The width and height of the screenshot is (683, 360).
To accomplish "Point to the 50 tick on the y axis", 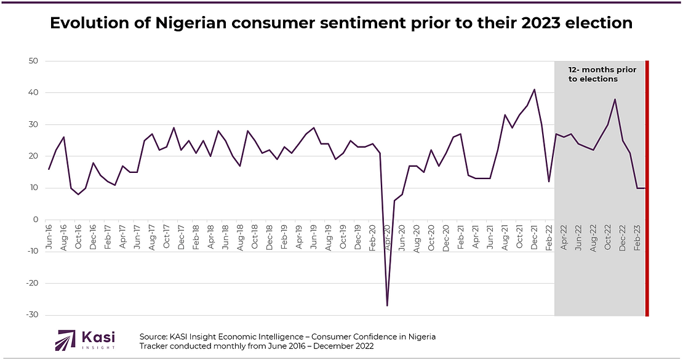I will tap(33, 61).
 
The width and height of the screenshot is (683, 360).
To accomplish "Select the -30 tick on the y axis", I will tap(31, 315).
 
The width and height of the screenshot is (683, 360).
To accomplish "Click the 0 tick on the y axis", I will tap(36, 220).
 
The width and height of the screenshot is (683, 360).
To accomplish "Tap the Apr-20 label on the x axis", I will tap(388, 237).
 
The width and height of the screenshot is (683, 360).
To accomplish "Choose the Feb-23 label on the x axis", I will tap(637, 237).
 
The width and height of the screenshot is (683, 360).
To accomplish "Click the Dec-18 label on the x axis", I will tap(270, 237).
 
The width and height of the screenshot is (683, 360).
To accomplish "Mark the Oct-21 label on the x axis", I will tap(519, 237).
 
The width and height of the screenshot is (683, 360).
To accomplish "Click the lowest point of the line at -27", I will tap(387, 305).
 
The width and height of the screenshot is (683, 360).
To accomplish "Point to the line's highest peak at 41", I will tap(534, 90).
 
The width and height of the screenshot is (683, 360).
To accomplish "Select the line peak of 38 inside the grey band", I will tap(615, 100).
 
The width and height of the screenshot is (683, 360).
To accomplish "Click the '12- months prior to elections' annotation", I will tap(602, 74).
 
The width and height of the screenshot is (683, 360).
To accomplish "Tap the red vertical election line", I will tap(647, 185).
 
